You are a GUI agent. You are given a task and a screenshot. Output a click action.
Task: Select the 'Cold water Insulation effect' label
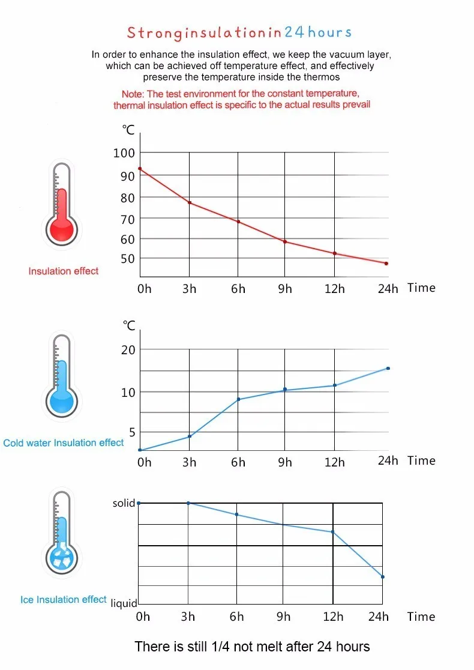64,443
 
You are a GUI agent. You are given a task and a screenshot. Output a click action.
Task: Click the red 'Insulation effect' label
64,271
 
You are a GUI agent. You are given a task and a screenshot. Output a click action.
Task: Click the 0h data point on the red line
140,169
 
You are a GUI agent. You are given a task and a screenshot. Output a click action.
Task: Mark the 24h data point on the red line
386,264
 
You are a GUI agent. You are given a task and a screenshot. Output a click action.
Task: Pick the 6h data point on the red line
238,222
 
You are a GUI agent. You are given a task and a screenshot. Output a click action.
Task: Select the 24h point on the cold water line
388,368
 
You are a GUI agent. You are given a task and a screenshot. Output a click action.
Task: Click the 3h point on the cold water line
190,436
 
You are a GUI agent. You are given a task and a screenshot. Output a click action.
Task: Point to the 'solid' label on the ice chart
124,503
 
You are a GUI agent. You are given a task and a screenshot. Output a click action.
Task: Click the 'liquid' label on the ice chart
124,603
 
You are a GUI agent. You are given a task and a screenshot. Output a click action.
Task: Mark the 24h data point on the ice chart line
382,577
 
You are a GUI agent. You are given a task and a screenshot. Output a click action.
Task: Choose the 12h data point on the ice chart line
332,532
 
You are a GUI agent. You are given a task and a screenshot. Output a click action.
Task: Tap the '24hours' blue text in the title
318,32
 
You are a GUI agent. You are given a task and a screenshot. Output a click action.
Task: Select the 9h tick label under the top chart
285,289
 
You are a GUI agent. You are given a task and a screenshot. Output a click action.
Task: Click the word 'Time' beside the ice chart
421,617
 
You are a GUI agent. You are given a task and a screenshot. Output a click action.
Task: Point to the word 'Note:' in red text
134,94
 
